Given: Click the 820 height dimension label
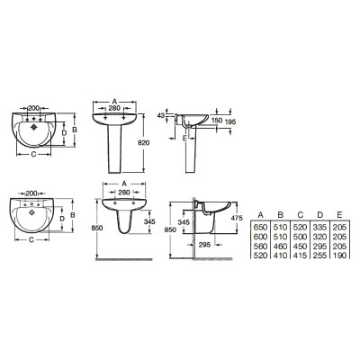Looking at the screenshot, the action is [143, 143].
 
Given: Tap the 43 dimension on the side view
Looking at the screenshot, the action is [161, 115].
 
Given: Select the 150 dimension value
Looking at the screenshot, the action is [217, 121].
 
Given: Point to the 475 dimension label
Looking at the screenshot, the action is [237, 218].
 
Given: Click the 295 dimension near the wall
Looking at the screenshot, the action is [204, 245].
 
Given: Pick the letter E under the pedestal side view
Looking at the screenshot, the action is [184, 138].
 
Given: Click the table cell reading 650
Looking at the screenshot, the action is [260, 228].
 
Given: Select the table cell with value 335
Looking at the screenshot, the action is [319, 228].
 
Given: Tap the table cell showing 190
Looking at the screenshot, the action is [339, 256].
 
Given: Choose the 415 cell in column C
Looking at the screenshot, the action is [300, 256].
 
